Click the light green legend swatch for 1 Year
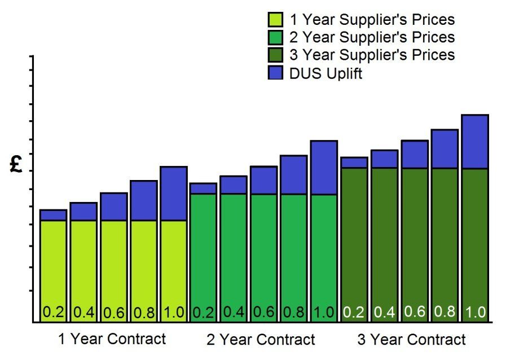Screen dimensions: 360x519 (x=275, y=20)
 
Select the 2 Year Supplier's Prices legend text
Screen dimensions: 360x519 (x=372, y=37)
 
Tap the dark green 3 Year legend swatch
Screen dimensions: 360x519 (x=275, y=55)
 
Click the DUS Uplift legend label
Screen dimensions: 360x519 (x=326, y=73)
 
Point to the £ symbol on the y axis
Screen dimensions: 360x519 (x=16, y=164)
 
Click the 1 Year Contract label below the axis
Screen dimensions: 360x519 (x=112, y=339)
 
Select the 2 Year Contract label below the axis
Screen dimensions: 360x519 (x=261, y=340)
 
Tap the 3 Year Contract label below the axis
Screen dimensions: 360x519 (x=412, y=340)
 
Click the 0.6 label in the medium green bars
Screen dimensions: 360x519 (x=263, y=311)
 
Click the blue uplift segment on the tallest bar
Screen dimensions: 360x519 (x=474, y=142)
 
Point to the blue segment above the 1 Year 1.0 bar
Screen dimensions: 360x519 (x=173, y=193)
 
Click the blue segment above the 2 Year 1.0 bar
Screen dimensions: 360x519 (x=324, y=168)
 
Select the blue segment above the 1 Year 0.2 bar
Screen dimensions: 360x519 (x=53, y=215)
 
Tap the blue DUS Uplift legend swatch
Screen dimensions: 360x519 (x=275, y=73)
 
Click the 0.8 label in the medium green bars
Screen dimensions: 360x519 (x=294, y=311)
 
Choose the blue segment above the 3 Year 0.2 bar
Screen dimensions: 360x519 (x=354, y=163)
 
